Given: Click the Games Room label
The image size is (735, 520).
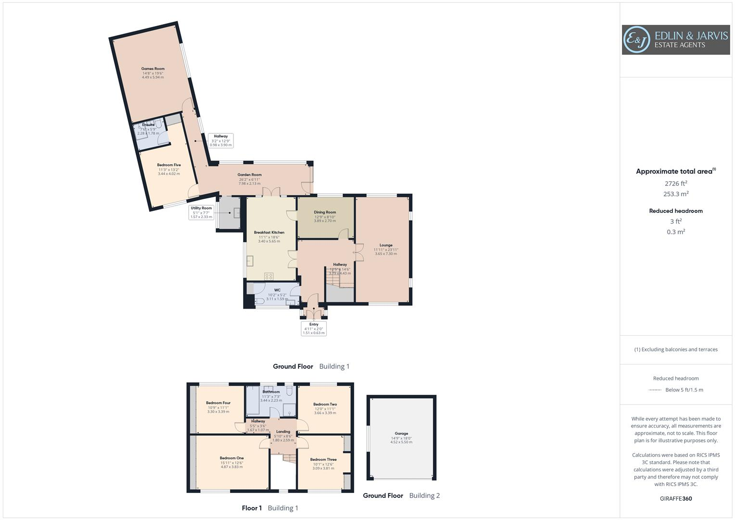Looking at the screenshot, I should coord(153,69).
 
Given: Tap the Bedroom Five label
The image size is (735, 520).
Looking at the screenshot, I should coord(168,165).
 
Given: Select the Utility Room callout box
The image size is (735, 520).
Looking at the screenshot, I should coord(201,212).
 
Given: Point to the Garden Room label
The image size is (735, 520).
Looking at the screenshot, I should coord(249,175).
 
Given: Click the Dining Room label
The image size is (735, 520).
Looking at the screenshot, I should coord(325,212).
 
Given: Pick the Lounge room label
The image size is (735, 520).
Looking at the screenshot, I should coord(386,245).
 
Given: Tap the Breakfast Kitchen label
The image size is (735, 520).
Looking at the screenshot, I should coord(269,233).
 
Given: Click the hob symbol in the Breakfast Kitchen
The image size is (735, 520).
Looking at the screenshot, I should coord(269,276).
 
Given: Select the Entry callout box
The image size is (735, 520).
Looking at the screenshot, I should coord(314,328).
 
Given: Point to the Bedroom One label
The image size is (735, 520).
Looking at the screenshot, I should coord(232,458).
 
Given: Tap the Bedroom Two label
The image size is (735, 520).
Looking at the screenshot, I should coord(325,404).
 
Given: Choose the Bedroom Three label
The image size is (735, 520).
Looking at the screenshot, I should coord(323,460).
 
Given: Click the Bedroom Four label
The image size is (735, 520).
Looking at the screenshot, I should coord(218,403).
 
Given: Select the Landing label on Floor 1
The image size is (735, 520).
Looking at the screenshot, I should coord(283,432).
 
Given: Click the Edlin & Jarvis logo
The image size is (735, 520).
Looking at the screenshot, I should coord(675,40).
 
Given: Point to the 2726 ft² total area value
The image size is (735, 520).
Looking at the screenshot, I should coord(676,183).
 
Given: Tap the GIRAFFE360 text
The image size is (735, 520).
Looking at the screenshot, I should coord(676,499).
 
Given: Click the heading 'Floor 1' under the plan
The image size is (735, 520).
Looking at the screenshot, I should coord(252,508).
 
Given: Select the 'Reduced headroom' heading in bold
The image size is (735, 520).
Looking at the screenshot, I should coord(676,211).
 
